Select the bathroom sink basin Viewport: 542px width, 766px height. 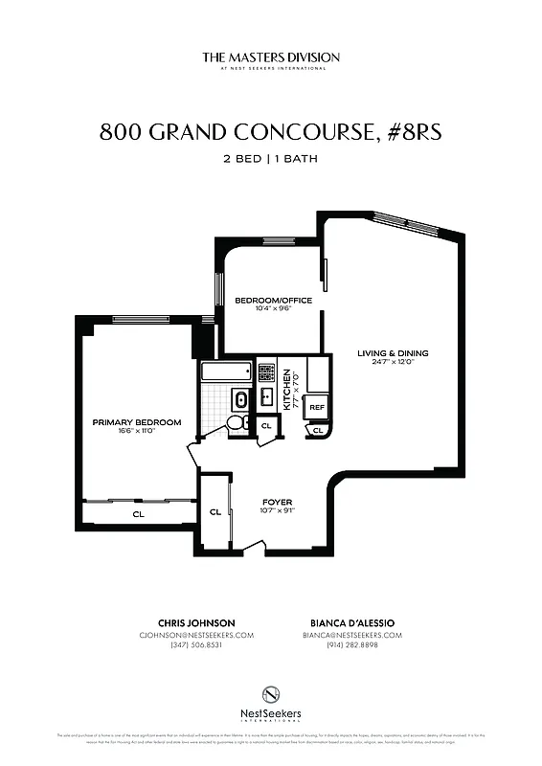click(239, 398)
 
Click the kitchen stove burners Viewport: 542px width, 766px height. click(265, 370)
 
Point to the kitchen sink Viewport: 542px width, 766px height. click(266, 397)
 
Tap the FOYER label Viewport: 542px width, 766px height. click(278, 502)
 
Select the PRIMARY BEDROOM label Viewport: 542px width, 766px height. click(137, 421)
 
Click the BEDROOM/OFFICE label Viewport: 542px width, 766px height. click(273, 300)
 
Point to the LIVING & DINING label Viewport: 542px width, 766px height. click(393, 353)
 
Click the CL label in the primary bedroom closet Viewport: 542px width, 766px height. click(138, 514)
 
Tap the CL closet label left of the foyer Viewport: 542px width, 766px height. click(215, 512)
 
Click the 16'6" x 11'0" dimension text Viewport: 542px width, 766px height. click(137, 431)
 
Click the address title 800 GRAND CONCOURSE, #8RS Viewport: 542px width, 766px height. click(271, 133)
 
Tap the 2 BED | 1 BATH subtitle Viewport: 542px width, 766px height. click(271, 159)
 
